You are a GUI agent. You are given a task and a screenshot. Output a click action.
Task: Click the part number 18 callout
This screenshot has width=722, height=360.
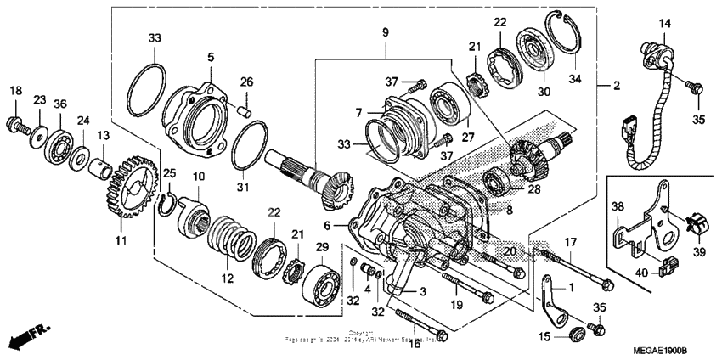point(15,91)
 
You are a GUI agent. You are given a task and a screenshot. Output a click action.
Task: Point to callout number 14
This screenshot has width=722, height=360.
point(664,23)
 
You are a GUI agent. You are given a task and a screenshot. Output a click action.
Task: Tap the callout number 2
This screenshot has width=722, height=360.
point(617,85)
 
